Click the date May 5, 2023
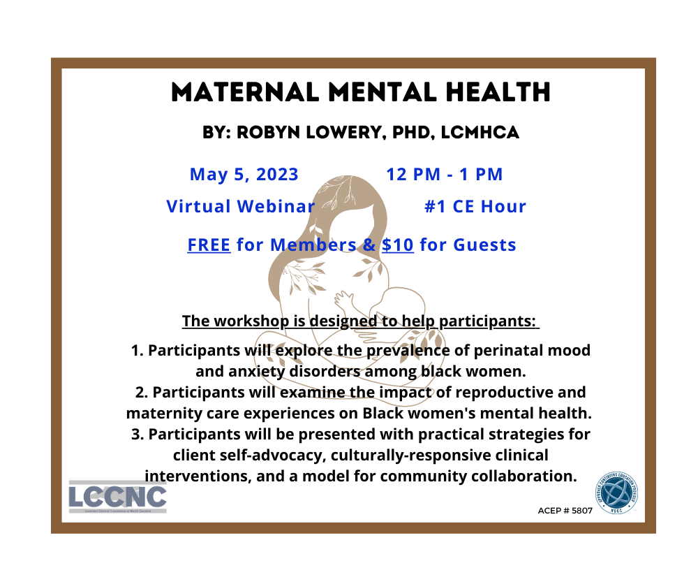pos(244,174)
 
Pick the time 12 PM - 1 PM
pos(445,174)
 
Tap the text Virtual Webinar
pos(241,207)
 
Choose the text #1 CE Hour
pos(475,207)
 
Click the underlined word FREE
pos(209,245)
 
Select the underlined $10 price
pos(398,245)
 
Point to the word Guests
pos(485,245)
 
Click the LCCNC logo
pos(117,497)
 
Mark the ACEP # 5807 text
pos(565,511)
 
